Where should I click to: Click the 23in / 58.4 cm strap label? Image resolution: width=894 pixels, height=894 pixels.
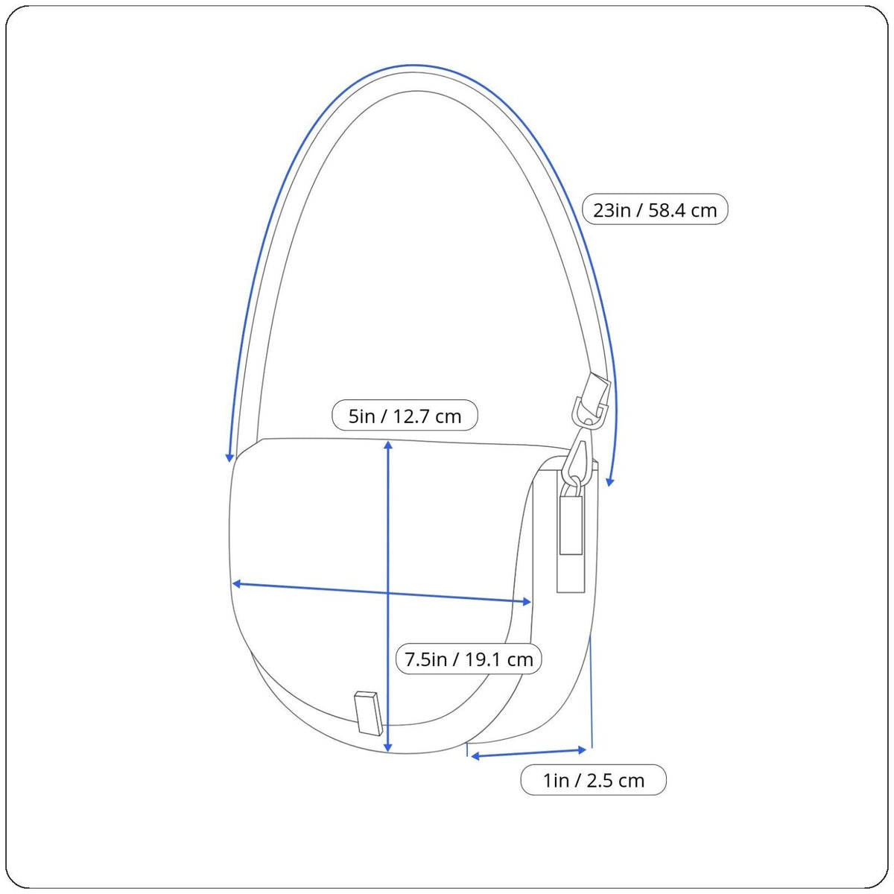(655, 209)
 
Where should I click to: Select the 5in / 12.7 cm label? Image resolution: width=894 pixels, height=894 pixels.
(405, 415)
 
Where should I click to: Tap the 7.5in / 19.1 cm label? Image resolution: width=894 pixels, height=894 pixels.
(469, 659)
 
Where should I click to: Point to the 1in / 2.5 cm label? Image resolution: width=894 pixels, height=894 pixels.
(593, 780)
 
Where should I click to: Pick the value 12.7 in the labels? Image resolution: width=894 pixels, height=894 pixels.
(415, 416)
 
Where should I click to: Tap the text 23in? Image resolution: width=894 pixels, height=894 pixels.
(612, 210)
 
